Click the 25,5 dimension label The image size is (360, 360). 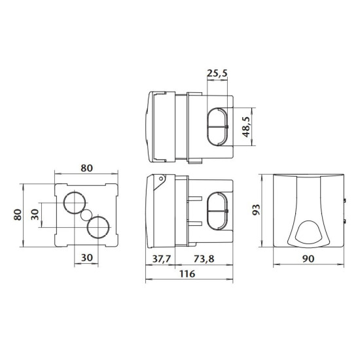click(x=217, y=73)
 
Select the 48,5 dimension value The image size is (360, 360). click(x=246, y=127)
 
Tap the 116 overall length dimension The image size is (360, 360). click(x=187, y=274)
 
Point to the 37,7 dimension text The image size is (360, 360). click(x=162, y=259)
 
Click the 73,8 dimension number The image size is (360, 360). click(x=204, y=259)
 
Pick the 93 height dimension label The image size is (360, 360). click(x=256, y=209)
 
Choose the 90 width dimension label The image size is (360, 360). click(x=308, y=259)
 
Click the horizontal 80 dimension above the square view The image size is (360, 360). click(x=86, y=168)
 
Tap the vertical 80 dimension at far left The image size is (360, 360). click(x=18, y=215)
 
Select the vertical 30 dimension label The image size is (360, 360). click(x=35, y=215)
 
